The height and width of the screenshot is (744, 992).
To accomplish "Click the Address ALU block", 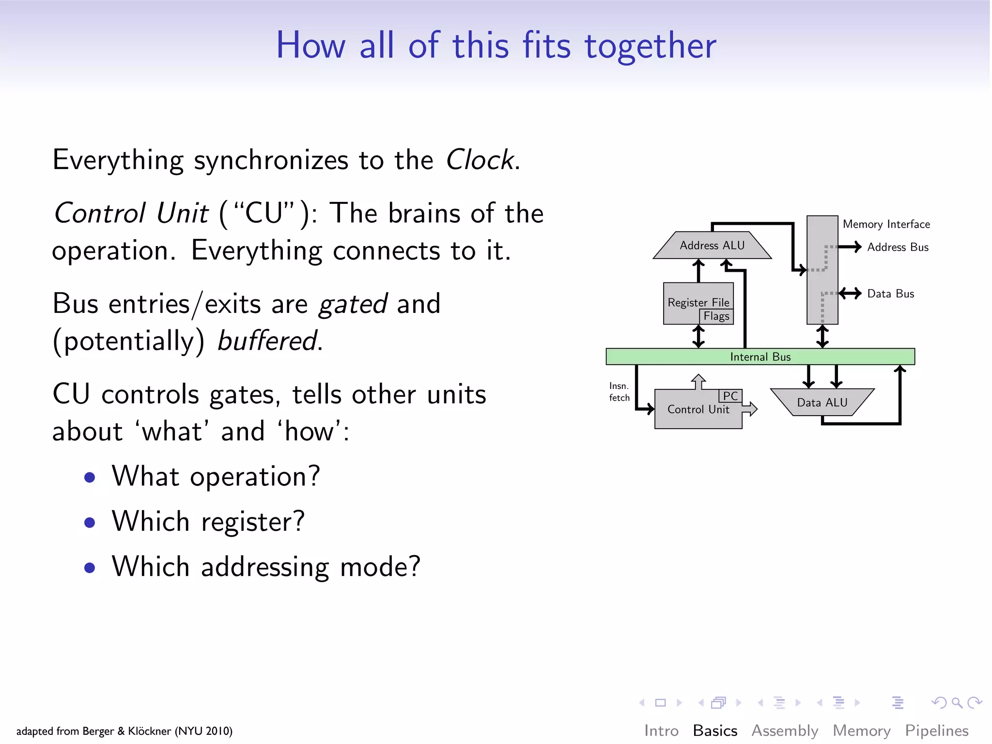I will coord(712,246).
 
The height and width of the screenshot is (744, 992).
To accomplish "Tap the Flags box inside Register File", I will coord(716,316).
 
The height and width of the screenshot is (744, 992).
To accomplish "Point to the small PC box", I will coord(730,396).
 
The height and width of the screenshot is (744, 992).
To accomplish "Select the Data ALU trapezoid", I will coord(822,402).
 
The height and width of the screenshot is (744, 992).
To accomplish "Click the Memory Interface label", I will coord(886,224).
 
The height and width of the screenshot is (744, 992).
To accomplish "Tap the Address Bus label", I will coord(898,247).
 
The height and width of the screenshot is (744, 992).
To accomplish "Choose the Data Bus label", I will coord(890,294).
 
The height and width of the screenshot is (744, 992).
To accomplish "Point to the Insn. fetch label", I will coord(619,392).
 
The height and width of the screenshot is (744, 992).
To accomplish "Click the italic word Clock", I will coord(479,160).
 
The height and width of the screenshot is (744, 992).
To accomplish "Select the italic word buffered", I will coord(268,341).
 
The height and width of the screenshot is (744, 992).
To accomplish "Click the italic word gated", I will coord(353,304).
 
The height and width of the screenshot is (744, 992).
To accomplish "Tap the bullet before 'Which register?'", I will coord(90,523).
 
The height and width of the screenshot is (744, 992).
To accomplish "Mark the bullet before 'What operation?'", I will coord(90,478).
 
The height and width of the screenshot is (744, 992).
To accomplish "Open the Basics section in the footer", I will coord(715,730).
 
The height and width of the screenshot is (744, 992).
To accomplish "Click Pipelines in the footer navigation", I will coord(936,730).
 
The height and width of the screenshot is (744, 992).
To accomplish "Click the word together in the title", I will coord(650,46).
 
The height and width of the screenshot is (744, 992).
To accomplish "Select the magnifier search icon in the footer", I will coord(957,702).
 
